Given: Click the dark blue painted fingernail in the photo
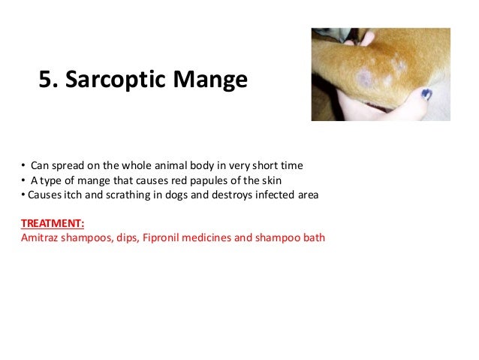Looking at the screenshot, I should coord(426,94).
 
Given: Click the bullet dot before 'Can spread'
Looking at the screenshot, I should coord(23,165).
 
